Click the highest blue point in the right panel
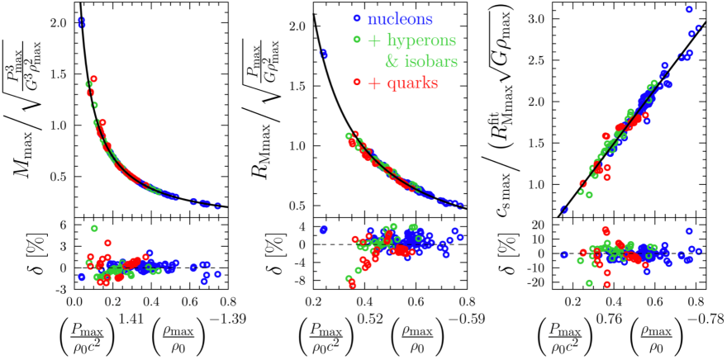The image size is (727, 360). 689,9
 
